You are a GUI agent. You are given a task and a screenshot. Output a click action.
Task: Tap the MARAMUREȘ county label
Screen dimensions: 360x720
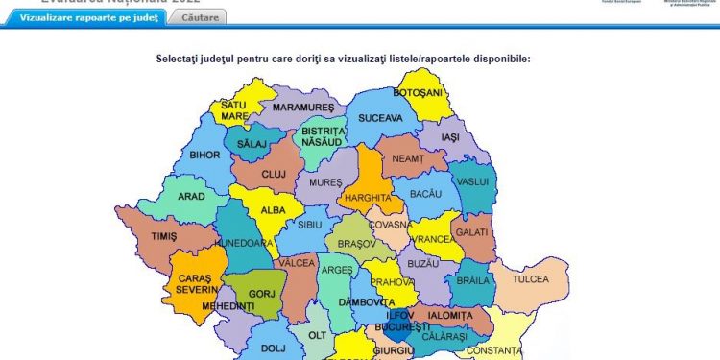302,107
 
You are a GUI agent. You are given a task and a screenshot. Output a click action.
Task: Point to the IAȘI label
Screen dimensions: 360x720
451,137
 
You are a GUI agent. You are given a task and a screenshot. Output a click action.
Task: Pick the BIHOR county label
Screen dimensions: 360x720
204,155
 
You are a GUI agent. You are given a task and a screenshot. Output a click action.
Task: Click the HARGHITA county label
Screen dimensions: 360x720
370,198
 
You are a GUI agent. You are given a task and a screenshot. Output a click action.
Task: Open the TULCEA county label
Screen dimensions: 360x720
530,279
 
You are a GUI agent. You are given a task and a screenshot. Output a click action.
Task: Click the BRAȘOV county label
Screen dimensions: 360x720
357,244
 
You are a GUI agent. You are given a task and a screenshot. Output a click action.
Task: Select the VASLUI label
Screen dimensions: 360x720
473,181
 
